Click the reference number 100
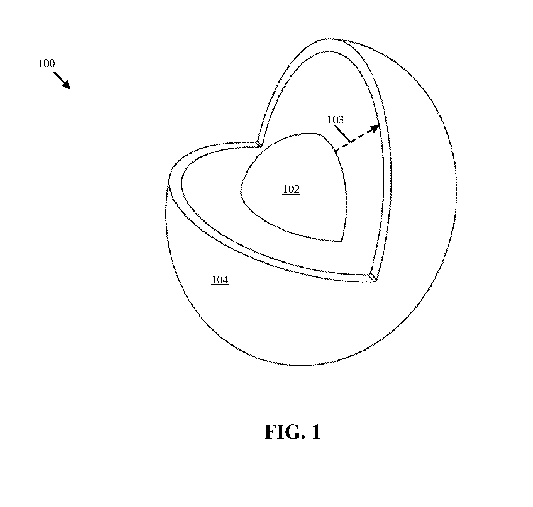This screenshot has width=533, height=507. pyautogui.click(x=46, y=63)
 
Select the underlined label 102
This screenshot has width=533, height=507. pyautogui.click(x=291, y=189)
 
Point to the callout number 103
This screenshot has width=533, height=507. pyautogui.click(x=335, y=120)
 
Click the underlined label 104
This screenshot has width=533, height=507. pyautogui.click(x=220, y=280)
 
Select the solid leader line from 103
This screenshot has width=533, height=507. pyautogui.click(x=342, y=133)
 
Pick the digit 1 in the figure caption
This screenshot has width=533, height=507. pyautogui.click(x=316, y=432)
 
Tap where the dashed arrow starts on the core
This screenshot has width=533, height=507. pyautogui.click(x=335, y=151)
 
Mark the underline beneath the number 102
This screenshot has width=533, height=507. pyautogui.click(x=291, y=194)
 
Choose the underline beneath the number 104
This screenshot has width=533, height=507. pyautogui.click(x=220, y=285)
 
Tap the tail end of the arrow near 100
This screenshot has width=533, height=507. pyautogui.click(x=54, y=73)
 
